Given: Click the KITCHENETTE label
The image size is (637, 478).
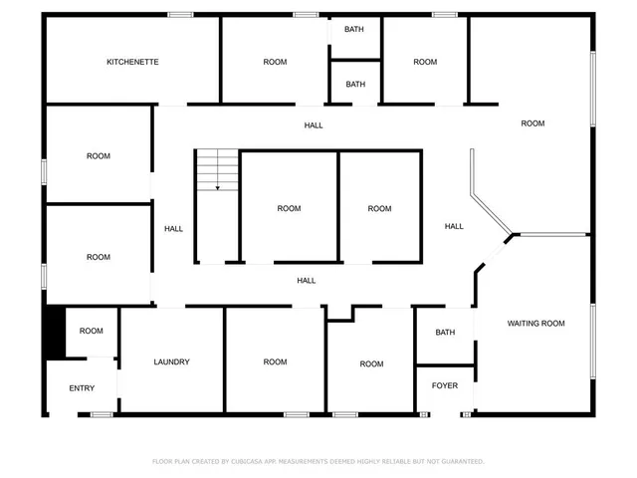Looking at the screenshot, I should (x=132, y=62).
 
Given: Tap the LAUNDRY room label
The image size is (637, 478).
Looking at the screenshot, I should (x=171, y=361).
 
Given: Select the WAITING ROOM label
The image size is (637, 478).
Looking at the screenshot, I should (x=535, y=323).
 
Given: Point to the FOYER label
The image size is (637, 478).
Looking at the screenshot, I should (x=444, y=385).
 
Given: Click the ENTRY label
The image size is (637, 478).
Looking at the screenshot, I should (x=82, y=388).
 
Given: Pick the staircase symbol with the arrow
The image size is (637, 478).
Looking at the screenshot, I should (x=217, y=170).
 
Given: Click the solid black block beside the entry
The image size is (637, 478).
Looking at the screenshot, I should (x=54, y=333).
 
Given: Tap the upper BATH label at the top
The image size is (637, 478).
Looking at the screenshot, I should (x=354, y=29).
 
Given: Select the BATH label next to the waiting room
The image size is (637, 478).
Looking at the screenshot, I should (x=445, y=333).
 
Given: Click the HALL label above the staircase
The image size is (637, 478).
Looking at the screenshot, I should (x=314, y=125).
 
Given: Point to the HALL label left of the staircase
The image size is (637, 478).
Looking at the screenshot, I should (x=173, y=229).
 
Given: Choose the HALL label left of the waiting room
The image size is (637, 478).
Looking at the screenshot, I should (x=454, y=226).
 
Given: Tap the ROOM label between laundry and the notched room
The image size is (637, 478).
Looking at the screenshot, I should (x=275, y=361).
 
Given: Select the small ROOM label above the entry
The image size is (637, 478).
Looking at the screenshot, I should (x=92, y=331).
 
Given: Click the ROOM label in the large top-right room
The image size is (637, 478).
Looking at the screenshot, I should (x=532, y=123).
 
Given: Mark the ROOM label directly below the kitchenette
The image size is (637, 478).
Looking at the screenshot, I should (x=98, y=155).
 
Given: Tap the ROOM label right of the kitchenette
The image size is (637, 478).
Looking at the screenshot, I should (x=275, y=62).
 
